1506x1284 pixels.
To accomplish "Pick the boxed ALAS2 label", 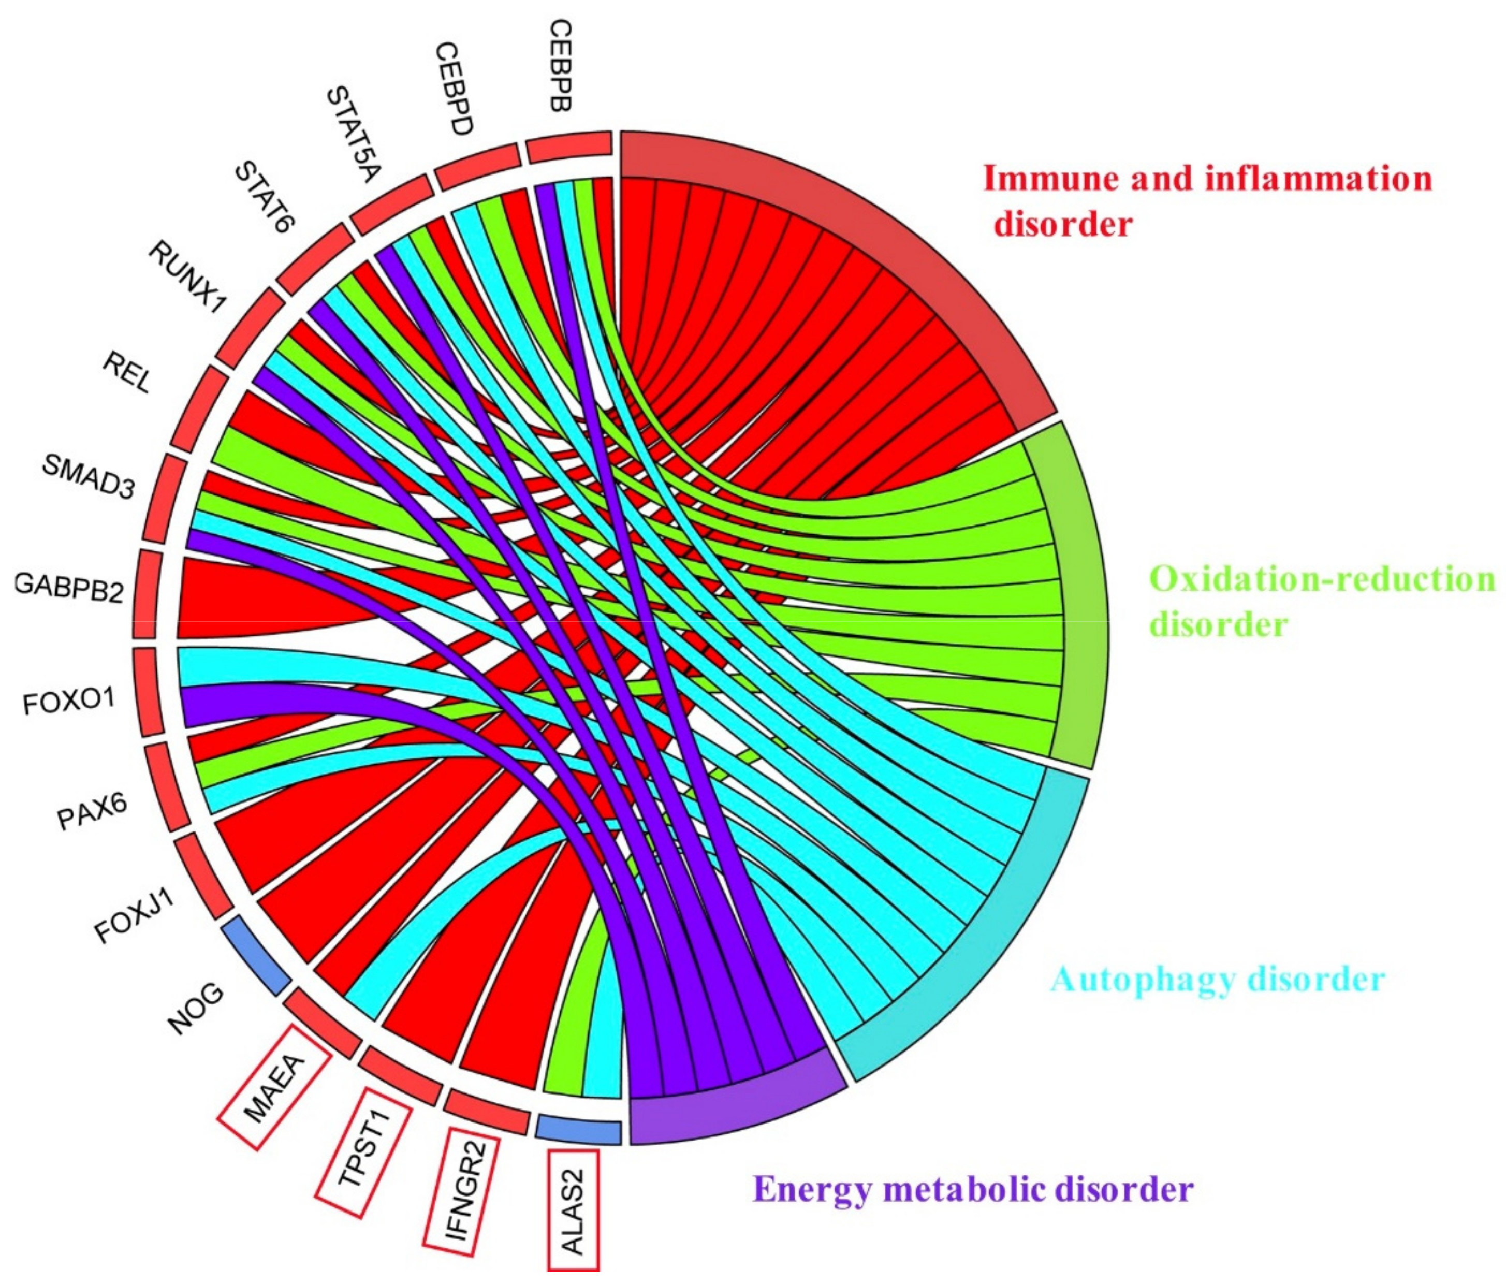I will pos(574,1209).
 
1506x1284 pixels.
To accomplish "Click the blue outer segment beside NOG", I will pos(255,955).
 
